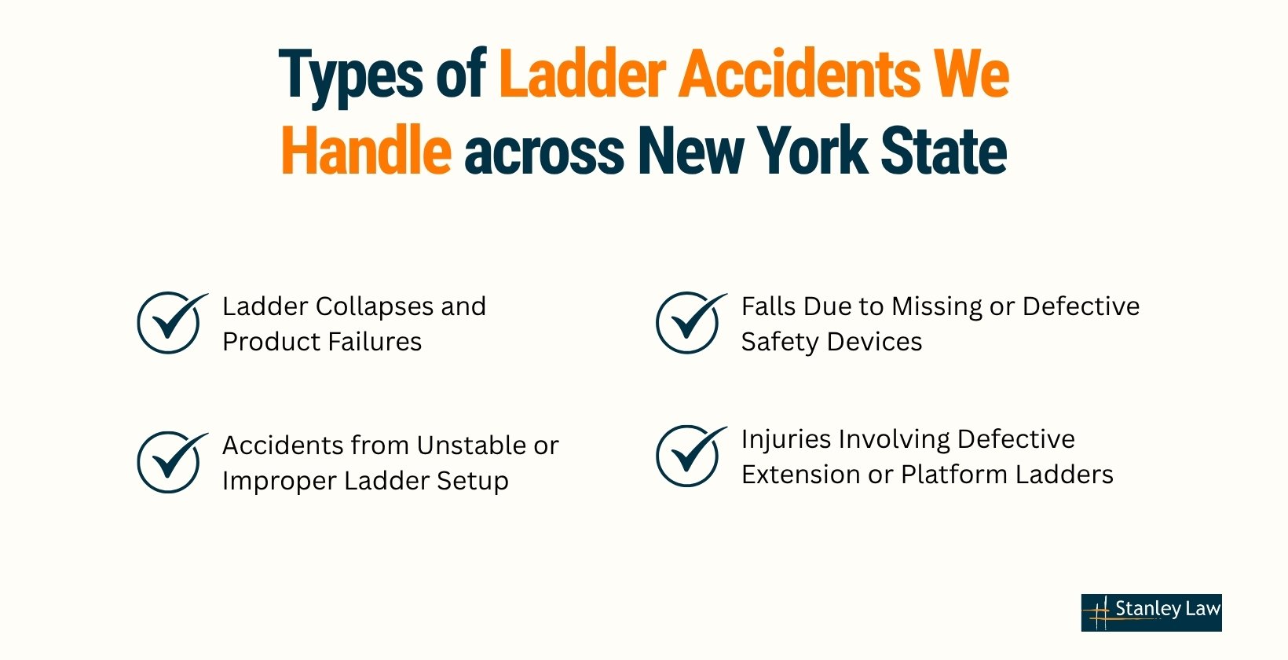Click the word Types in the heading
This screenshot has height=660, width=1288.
coord(351,75)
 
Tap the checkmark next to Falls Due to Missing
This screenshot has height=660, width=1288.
coord(690,322)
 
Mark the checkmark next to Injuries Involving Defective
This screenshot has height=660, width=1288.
coord(690,456)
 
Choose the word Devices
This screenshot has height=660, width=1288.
coord(875,341)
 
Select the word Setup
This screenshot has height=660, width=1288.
coord(472,482)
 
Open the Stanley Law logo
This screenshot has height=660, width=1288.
coord(1151,612)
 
